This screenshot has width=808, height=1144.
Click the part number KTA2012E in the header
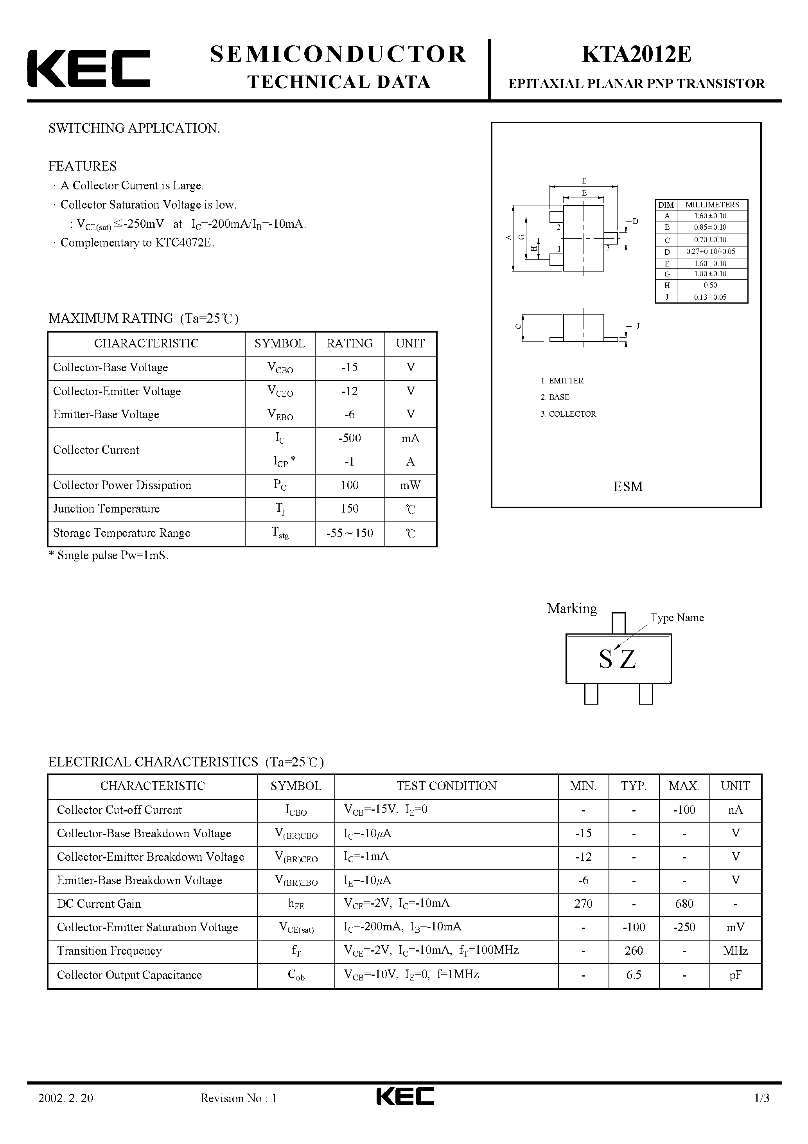(x=636, y=55)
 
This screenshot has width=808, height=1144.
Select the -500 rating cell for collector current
(x=350, y=439)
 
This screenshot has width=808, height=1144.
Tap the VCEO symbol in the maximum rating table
(x=280, y=392)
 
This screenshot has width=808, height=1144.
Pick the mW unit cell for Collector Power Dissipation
(x=411, y=485)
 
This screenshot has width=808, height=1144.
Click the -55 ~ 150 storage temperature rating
(x=350, y=533)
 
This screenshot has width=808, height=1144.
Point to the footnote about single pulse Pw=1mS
(x=109, y=556)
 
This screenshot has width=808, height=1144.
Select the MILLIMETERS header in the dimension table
(x=712, y=205)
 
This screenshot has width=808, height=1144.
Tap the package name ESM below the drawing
(x=628, y=486)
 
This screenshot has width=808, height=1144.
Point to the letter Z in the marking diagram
(x=628, y=660)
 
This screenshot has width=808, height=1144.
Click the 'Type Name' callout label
(x=677, y=618)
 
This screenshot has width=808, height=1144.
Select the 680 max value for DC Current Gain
(x=684, y=904)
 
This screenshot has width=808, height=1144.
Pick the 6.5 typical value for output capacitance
(x=634, y=975)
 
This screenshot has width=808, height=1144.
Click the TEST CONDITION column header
(x=446, y=786)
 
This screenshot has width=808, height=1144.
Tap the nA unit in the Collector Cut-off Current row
(x=735, y=809)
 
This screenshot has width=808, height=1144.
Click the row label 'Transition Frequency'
(x=109, y=951)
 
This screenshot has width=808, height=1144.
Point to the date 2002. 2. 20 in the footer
(x=65, y=1112)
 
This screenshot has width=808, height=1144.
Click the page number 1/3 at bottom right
(x=762, y=1112)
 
